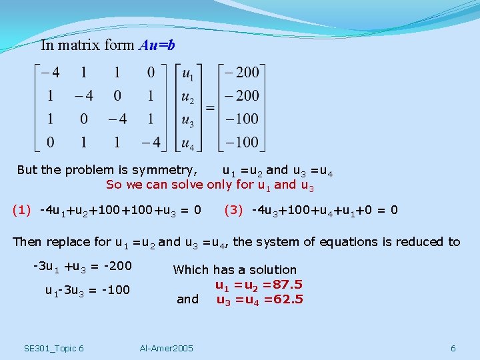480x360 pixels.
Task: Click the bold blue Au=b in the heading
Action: (x=157, y=46)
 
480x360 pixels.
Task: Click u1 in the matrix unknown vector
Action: (x=189, y=73)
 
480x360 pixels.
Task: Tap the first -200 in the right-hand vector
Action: (x=242, y=72)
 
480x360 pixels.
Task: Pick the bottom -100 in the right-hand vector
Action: (x=242, y=141)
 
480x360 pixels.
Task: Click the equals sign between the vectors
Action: (x=210, y=107)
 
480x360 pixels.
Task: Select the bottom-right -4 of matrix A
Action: (x=151, y=141)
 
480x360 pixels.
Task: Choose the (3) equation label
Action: (x=233, y=210)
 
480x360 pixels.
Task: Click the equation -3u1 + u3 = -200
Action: (x=82, y=267)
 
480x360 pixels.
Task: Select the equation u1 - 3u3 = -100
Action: (x=87, y=290)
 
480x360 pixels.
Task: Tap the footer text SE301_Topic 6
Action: (x=53, y=348)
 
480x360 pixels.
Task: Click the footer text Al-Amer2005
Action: (x=167, y=348)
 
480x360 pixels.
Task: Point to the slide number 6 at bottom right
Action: (x=453, y=348)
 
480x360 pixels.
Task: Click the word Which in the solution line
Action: (x=190, y=270)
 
